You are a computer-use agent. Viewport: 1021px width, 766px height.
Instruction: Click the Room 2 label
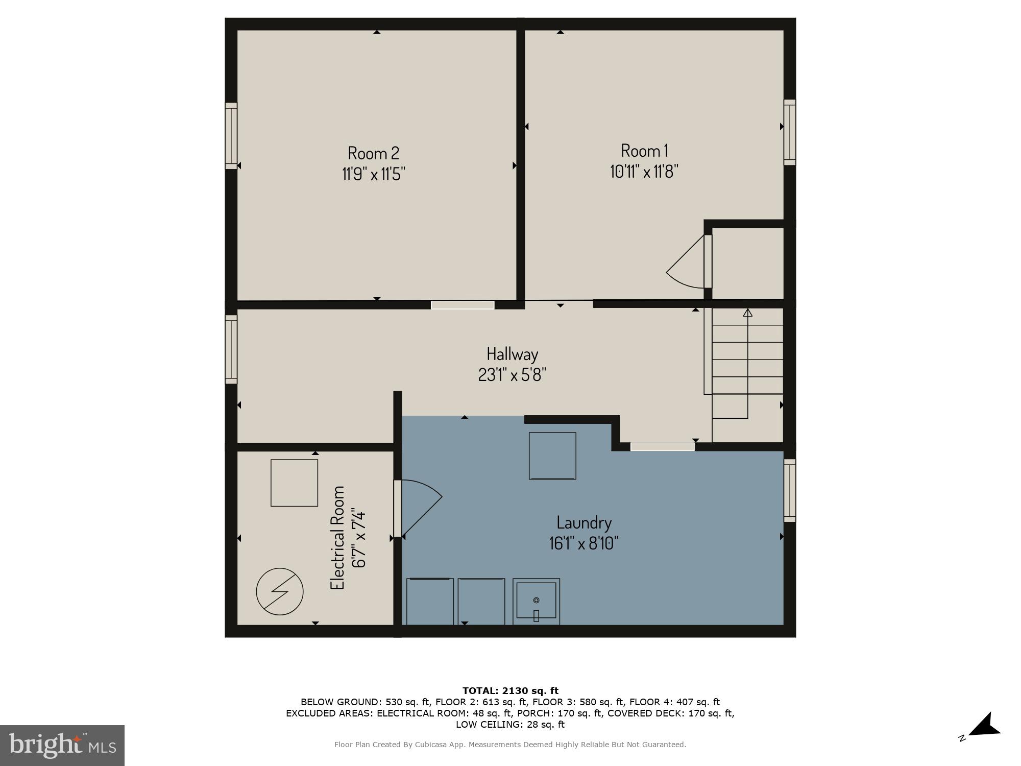coord(373,153)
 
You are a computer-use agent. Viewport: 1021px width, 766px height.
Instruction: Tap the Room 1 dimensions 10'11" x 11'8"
coord(644,172)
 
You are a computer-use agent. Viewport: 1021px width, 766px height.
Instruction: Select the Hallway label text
coord(512,354)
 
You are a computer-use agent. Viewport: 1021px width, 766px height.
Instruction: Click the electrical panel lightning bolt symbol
coord(280,592)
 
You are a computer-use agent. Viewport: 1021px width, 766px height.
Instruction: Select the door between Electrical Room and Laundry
coord(398,508)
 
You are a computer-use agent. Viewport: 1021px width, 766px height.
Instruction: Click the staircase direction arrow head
coord(747,312)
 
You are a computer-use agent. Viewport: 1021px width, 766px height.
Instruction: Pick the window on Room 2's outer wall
coord(231,136)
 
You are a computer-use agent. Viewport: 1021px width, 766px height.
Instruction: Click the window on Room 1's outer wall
coord(790,132)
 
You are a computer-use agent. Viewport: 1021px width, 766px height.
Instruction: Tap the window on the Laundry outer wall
coord(790,490)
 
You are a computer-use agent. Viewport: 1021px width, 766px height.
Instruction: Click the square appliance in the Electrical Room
coord(294,483)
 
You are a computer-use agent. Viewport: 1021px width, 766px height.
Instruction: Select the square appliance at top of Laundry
coord(552,456)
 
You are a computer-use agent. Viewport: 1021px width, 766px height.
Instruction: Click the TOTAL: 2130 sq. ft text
coord(510,691)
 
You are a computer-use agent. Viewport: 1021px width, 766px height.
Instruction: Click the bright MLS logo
coord(62,745)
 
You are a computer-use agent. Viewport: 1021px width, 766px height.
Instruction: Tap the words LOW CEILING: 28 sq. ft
coord(510,724)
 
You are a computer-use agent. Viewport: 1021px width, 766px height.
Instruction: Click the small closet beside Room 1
coord(747,262)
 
